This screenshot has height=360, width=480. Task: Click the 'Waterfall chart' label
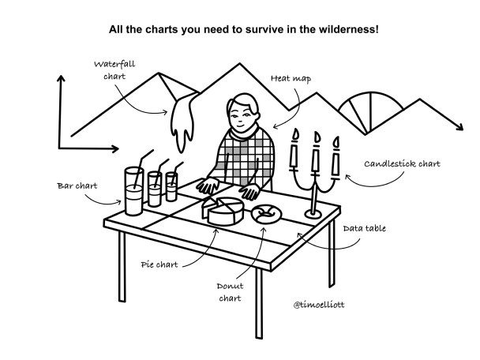click(114, 70)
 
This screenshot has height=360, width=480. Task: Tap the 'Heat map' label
click(291, 79)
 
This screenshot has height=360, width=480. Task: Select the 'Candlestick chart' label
click(403, 163)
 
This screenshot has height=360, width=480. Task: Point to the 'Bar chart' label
click(77, 186)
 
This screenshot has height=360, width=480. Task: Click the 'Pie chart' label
click(159, 264)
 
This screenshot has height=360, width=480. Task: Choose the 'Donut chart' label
click(231, 292)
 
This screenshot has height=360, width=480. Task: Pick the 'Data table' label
click(364, 228)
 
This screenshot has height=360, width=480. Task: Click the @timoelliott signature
click(319, 305)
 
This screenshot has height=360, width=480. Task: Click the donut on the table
click(266, 213)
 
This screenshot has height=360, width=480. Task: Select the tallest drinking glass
click(133, 191)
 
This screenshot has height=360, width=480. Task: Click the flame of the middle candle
click(317, 137)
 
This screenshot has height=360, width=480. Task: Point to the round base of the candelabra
click(313, 213)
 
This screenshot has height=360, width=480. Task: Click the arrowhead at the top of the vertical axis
click(62, 78)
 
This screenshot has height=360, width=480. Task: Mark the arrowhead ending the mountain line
click(459, 127)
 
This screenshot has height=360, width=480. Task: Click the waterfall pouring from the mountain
click(182, 122)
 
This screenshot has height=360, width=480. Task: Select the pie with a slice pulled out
click(223, 211)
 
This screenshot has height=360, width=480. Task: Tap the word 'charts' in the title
click(161, 29)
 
